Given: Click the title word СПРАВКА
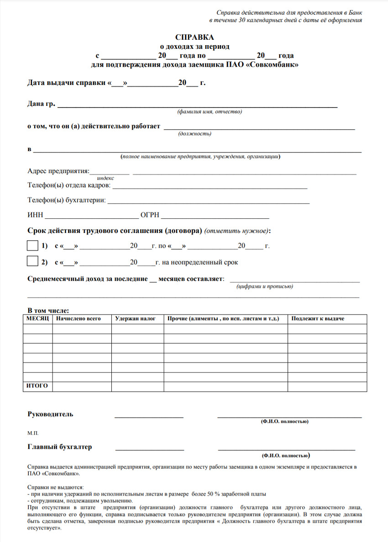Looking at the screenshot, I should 194,37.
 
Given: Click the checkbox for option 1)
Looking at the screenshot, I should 32,246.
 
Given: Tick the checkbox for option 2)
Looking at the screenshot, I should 32,262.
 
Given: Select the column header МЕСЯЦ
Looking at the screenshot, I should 37,318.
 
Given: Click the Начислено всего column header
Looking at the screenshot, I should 78,318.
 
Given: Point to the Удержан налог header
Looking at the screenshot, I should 136,318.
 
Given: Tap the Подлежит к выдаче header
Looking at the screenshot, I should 318,318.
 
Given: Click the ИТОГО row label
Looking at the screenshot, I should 37,386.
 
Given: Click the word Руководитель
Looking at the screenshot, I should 50,414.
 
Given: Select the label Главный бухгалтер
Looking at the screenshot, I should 60,447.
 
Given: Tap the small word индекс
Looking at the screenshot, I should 105,178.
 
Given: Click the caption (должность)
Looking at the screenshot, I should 194,134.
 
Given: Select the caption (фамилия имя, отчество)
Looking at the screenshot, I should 210,111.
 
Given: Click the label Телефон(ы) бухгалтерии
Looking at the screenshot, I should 67,200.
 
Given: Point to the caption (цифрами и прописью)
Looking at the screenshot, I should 265,286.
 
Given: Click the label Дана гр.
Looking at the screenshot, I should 41,104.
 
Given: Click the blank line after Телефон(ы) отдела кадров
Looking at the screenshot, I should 210,187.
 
